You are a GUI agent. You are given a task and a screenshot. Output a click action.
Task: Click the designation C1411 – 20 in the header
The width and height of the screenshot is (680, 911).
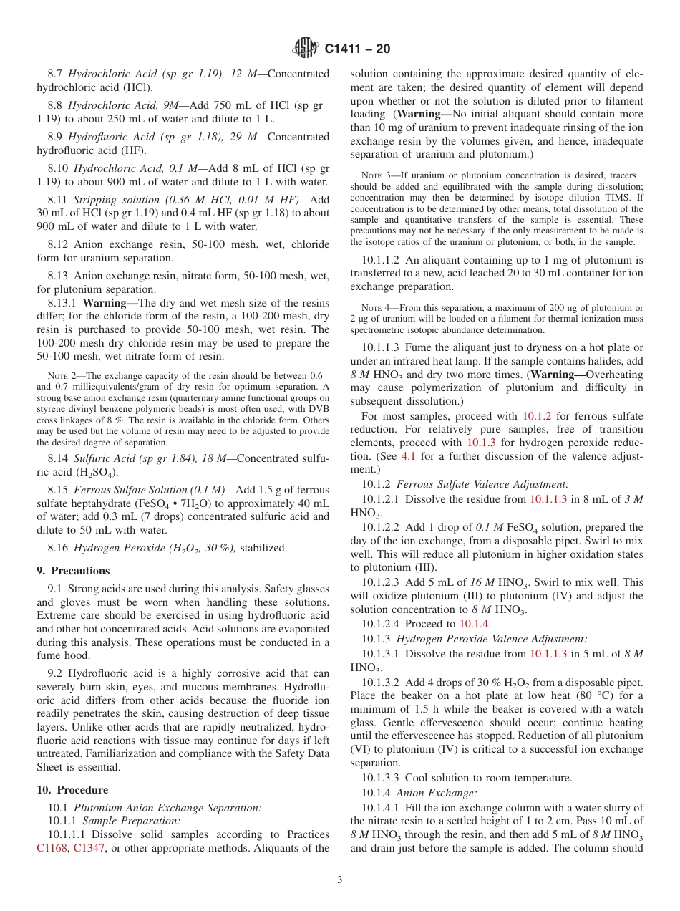pyautogui.click(x=357, y=49)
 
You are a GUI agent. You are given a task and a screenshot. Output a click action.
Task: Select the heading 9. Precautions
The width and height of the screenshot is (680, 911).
pyautogui.click(x=73, y=571)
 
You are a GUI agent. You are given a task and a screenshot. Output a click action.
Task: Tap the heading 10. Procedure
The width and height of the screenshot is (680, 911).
pyautogui.click(x=72, y=790)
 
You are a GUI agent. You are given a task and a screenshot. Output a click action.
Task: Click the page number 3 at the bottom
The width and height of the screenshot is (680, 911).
pyautogui.click(x=340, y=880)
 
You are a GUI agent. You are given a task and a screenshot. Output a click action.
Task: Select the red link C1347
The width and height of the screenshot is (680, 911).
pyautogui.click(x=89, y=848)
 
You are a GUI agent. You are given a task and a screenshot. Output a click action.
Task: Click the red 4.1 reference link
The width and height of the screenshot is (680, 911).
pyautogui.click(x=427, y=456)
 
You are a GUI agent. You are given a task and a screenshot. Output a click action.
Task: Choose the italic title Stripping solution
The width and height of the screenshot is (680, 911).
pyautogui.click(x=114, y=200)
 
